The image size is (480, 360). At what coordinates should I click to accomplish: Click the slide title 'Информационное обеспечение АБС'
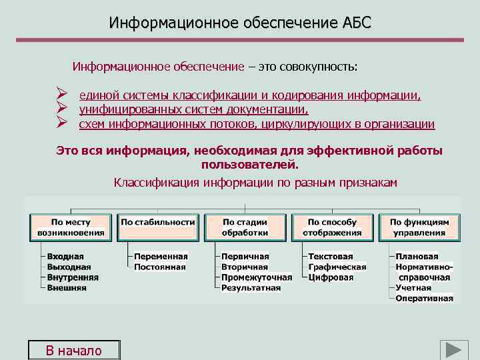tap(240, 23)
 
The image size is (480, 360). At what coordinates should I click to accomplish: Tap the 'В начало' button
tap(73, 351)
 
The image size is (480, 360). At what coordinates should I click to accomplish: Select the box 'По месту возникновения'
tap(71, 227)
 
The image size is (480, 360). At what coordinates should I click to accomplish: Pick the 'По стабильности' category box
tap(158, 227)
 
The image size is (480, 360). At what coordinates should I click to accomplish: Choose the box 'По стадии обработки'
tap(245, 227)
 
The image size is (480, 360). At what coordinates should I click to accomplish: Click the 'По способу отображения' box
tap(332, 227)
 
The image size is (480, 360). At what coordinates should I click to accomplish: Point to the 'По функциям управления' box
tap(419, 227)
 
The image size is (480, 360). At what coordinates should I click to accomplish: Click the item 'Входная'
tap(65, 257)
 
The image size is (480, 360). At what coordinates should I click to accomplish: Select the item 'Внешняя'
tap(67, 288)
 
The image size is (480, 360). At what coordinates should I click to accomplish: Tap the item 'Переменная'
tap(161, 257)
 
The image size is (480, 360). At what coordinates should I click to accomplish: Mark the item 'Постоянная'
tap(160, 267)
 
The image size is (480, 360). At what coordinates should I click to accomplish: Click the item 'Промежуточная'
tap(257, 277)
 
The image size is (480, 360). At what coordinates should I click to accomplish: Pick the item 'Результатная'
tap(251, 288)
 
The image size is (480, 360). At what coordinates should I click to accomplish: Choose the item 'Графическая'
tap(337, 267)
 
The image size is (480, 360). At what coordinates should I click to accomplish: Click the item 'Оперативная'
tap(425, 298)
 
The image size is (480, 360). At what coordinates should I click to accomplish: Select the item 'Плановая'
tap(417, 257)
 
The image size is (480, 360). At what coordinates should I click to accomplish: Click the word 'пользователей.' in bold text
tap(249, 164)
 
